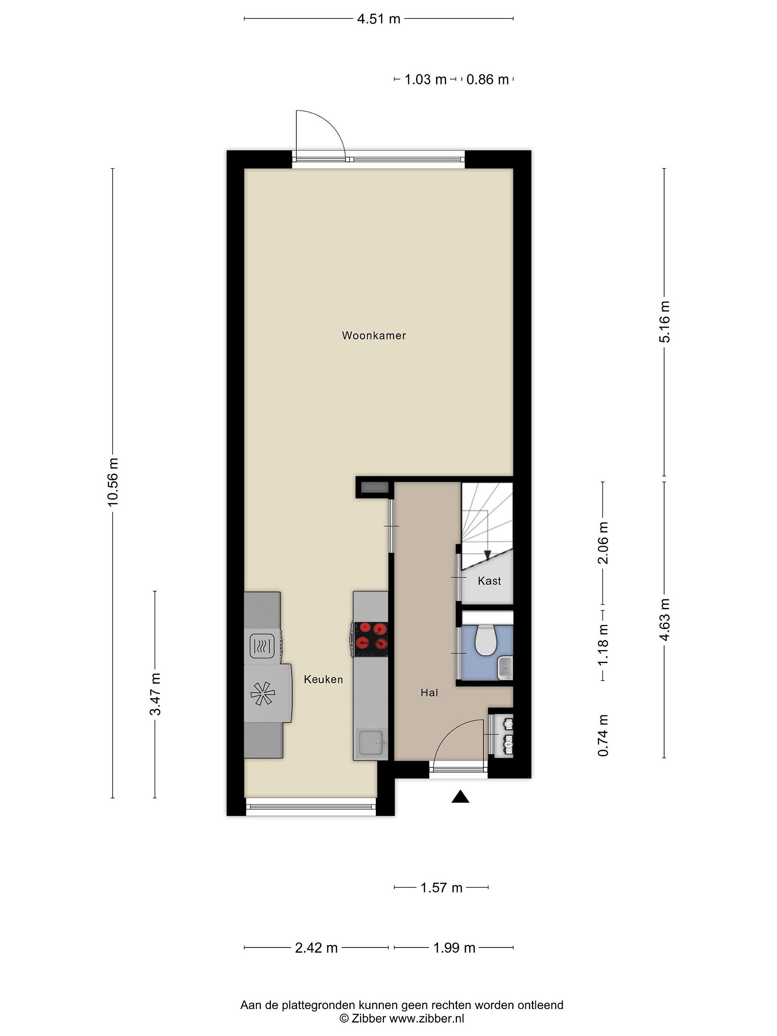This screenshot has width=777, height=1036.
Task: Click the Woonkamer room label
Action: (374, 335)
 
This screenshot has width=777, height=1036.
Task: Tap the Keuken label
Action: (323, 679)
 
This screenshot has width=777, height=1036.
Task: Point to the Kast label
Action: (490, 581)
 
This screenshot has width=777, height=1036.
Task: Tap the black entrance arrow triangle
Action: (460, 797)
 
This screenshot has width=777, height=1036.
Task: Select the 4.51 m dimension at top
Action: (378, 19)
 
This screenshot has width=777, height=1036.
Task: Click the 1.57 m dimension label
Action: (441, 887)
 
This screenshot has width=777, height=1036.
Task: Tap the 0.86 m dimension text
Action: (487, 79)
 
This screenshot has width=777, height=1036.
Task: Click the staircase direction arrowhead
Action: (487, 555)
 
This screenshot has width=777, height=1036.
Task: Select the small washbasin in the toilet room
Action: (505, 667)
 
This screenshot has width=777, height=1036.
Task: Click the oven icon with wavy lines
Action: (262, 646)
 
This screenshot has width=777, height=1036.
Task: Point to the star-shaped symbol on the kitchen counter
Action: (263, 693)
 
